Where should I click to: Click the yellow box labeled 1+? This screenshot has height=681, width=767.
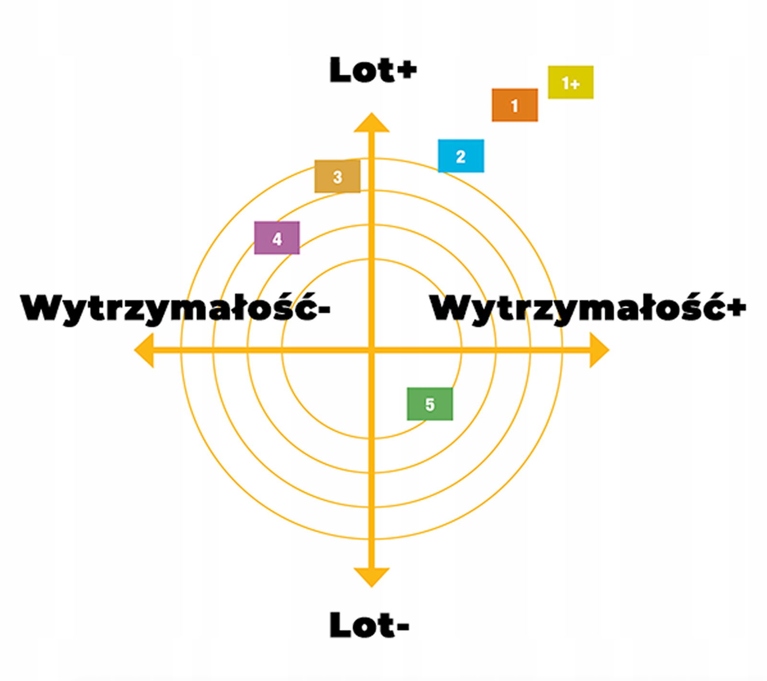570,82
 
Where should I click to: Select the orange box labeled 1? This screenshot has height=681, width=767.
514,105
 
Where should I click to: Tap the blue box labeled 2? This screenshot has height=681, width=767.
461,156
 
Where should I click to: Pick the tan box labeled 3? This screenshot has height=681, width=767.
337,176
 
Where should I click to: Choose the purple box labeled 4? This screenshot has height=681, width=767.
277,238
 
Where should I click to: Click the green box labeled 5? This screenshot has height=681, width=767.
430,404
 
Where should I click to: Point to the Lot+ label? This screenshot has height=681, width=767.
372,70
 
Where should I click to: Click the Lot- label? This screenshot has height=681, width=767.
369,624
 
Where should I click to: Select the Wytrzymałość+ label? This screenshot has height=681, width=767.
588,308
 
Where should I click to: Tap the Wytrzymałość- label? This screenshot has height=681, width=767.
175,308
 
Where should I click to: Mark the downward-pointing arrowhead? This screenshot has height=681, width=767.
371,577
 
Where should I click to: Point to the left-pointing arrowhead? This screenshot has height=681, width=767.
144,350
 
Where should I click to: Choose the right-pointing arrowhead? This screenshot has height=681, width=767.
599,350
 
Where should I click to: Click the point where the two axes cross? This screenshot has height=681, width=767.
371,350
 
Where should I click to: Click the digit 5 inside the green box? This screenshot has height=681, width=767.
430,404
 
